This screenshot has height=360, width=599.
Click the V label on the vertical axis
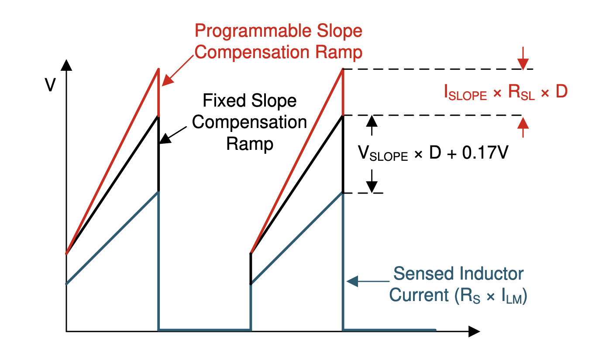50,85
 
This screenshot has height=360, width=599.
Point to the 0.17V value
485,152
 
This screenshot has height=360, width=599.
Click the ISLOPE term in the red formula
465,92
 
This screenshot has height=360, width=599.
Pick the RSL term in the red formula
521,92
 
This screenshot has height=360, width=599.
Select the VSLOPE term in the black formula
383,153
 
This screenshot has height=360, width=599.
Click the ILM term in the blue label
512,297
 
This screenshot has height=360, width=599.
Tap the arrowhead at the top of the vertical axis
66,65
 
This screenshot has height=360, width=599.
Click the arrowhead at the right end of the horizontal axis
474,331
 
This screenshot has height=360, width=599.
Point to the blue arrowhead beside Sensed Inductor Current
352,281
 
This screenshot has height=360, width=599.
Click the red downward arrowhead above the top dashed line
523,64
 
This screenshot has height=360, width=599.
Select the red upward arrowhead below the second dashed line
523,123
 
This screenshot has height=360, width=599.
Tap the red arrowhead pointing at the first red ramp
168,80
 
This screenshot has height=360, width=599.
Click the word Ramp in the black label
250,144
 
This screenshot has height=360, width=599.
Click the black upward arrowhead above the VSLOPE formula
372,121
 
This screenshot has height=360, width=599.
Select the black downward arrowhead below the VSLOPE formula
372,187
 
